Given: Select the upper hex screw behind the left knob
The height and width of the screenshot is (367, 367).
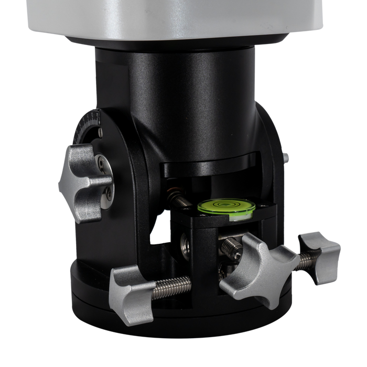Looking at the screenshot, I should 100,166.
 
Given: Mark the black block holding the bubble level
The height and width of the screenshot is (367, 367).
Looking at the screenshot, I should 204,231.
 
